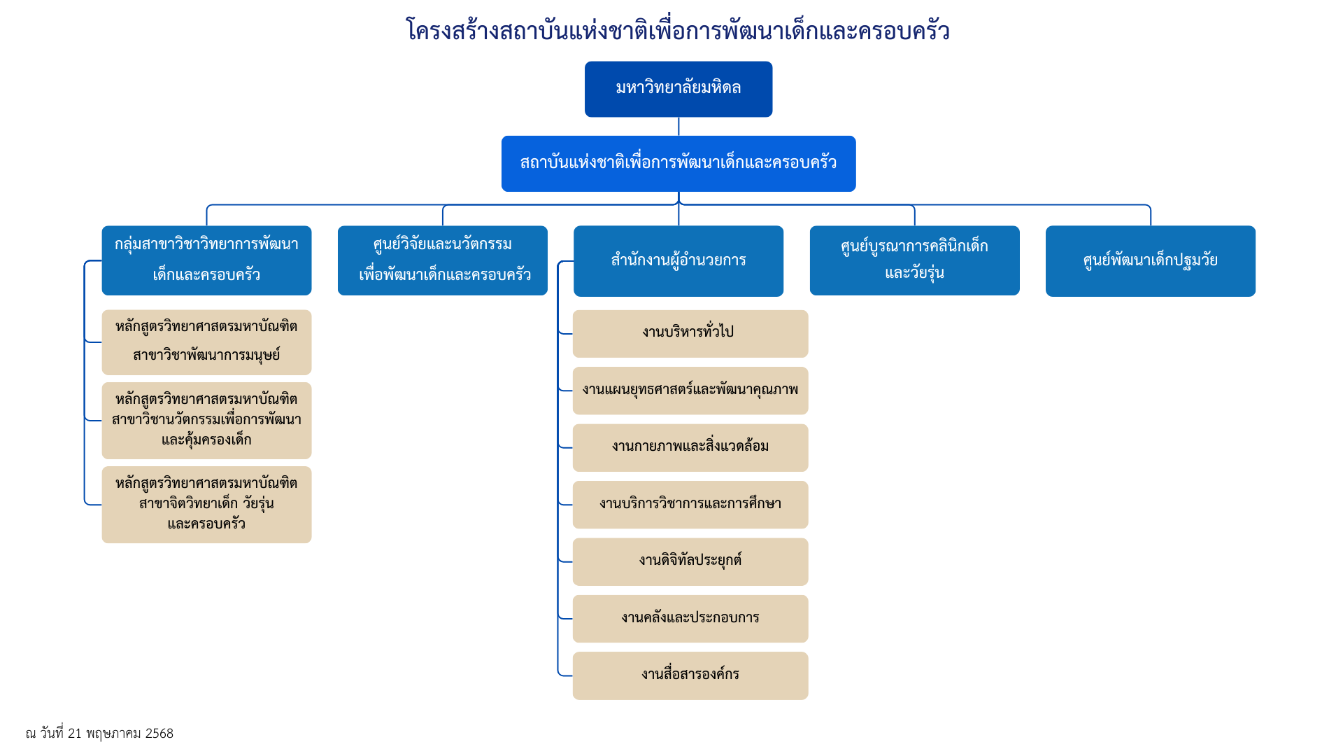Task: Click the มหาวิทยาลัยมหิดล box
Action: pos(678,89)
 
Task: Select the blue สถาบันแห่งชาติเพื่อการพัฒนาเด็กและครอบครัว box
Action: pos(678,163)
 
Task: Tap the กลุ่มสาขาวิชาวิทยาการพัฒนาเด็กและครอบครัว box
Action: pos(206,260)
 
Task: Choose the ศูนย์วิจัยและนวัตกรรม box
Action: pos(442,260)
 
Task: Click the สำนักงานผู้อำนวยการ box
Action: pos(678,260)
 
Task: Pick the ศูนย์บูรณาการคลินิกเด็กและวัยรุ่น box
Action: pos(914,260)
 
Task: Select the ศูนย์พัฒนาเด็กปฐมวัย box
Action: pos(1150,260)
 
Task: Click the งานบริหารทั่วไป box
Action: pos(690,333)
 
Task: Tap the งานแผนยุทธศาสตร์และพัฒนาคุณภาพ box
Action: pos(690,391)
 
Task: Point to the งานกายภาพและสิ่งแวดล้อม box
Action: pos(690,447)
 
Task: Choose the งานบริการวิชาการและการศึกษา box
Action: pos(690,505)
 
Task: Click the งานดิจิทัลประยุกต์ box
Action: pos(690,561)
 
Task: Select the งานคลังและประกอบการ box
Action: pos(690,619)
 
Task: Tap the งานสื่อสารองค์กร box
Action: pos(690,675)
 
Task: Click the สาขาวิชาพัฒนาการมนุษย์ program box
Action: pos(206,342)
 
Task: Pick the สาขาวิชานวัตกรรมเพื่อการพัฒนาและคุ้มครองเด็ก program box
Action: pos(206,420)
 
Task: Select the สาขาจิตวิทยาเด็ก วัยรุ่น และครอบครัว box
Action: pos(206,504)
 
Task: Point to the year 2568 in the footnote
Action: pos(159,734)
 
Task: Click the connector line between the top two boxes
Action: pos(678,127)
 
